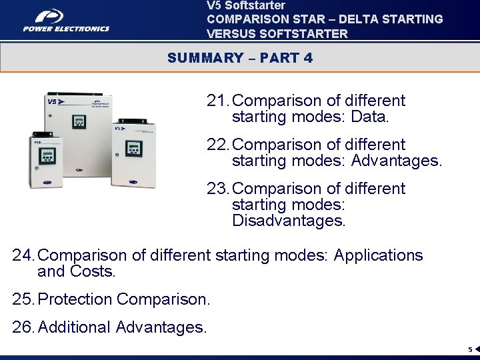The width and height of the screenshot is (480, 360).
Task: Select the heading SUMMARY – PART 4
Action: pyautogui.click(x=240, y=58)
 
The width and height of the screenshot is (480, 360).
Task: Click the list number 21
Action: pyautogui.click(x=217, y=101)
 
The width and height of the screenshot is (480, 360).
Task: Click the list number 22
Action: pyautogui.click(x=217, y=145)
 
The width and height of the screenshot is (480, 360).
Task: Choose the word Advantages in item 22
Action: pyautogui.click(x=395, y=161)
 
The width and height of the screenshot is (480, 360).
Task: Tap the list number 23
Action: pyautogui.click(x=217, y=189)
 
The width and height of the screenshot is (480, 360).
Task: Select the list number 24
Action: pyautogui.click(x=23, y=255)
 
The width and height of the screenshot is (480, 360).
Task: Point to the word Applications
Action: pyautogui.click(x=378, y=255)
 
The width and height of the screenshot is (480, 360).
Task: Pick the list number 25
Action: pyautogui.click(x=23, y=299)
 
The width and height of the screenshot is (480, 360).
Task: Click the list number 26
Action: pyautogui.click(x=23, y=327)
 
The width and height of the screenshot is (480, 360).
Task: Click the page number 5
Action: pyautogui.click(x=469, y=349)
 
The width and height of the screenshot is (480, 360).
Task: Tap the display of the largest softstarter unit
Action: pyautogui.click(x=79, y=122)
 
